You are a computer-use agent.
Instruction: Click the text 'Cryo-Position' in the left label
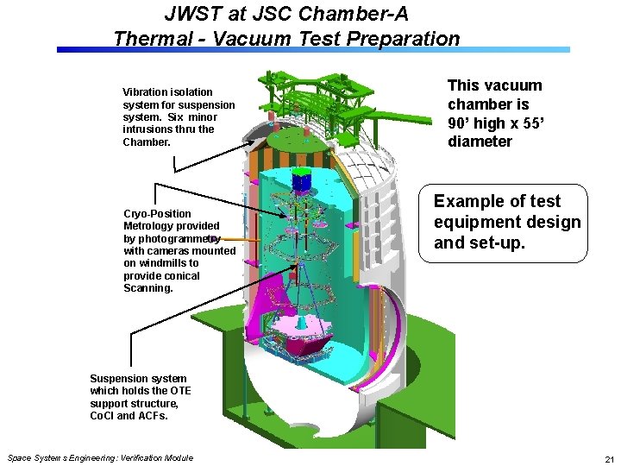(x=157, y=213)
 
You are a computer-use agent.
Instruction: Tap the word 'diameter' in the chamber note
(x=480, y=142)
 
